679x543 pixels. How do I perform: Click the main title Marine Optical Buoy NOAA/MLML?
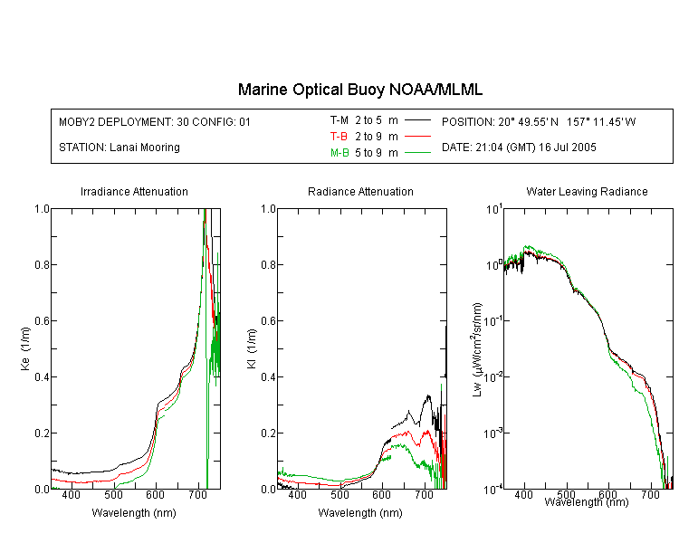(x=359, y=90)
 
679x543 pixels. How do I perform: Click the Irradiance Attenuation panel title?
(x=134, y=191)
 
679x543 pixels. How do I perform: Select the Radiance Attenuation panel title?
(x=360, y=191)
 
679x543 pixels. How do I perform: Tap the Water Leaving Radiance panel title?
(x=587, y=191)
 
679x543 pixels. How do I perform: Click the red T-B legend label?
(x=339, y=137)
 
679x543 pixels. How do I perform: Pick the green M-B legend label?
(x=339, y=152)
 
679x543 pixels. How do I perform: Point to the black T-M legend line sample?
(x=417, y=120)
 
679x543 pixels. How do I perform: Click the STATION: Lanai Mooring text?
(x=120, y=148)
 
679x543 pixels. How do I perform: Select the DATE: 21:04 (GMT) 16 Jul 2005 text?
(x=519, y=148)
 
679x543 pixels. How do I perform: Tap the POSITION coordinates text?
(x=539, y=121)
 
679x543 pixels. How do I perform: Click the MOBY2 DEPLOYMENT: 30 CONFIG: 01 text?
(x=155, y=121)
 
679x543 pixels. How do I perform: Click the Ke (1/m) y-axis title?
(x=25, y=348)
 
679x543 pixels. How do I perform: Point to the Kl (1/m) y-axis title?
(x=251, y=348)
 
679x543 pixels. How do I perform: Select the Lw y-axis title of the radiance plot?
(x=477, y=349)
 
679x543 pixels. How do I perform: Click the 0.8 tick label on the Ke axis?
(x=42, y=264)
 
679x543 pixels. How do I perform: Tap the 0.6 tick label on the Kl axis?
(x=268, y=321)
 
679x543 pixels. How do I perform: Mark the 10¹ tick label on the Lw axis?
(x=494, y=209)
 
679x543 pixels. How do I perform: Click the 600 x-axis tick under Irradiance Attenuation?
(x=156, y=494)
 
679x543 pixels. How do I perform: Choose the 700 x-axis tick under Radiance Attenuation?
(x=424, y=494)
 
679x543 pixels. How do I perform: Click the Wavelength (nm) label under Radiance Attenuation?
(x=360, y=513)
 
